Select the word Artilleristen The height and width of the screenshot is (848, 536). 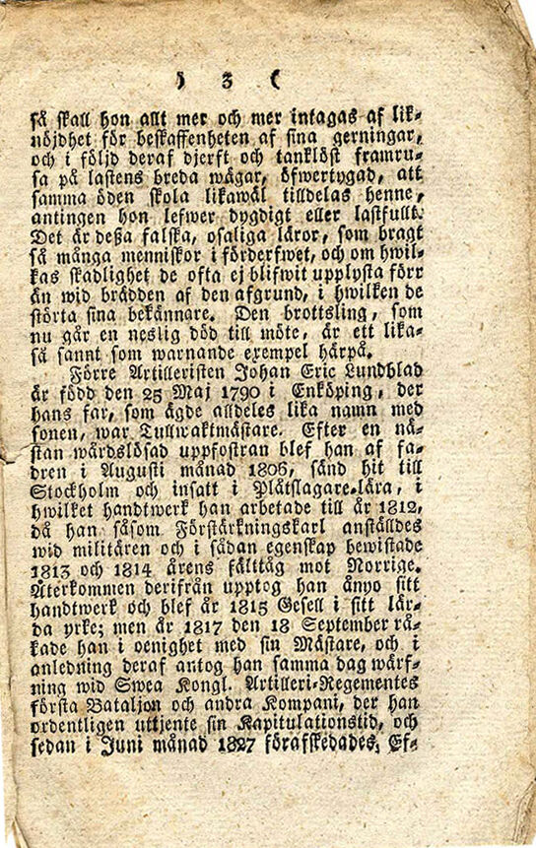(162, 372)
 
